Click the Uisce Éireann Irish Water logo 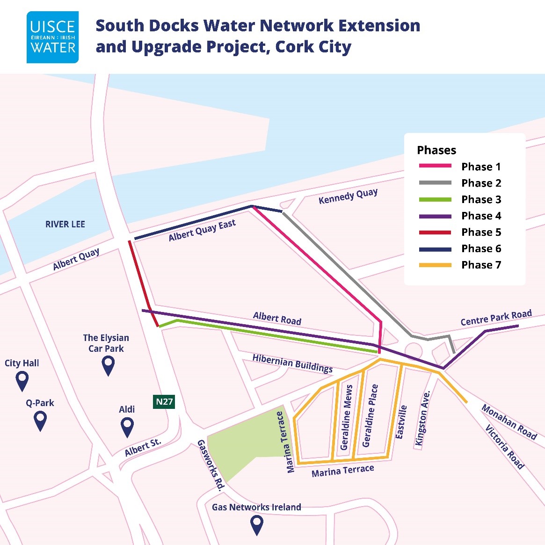tap(52, 37)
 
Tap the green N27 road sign tap(164, 401)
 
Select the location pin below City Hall tap(22, 381)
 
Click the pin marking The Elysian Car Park tap(108, 365)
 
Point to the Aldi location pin tap(127, 427)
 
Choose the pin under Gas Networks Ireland tap(257, 524)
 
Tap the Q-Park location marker tap(41, 421)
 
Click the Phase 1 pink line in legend tap(435, 166)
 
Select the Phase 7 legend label tap(481, 265)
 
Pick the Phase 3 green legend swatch tap(435, 199)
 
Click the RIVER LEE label tap(65, 225)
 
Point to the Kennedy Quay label tap(348, 196)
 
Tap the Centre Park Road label tap(496, 318)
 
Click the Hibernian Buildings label tap(292, 363)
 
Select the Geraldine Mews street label tap(347, 417)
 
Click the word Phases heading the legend tap(436, 150)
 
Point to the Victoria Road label tap(504, 447)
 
